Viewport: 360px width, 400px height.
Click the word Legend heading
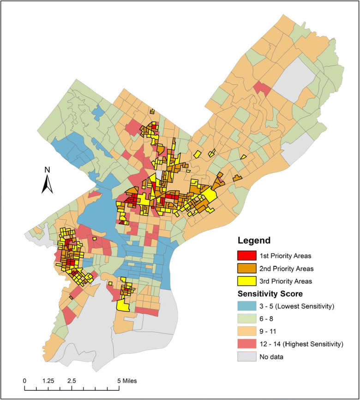coord(254,241)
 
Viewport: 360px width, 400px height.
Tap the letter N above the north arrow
coord(47,170)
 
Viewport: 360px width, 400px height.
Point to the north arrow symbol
coord(47,185)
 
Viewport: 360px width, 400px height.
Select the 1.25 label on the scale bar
coord(48,381)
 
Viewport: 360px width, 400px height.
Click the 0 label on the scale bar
coord(24,381)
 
